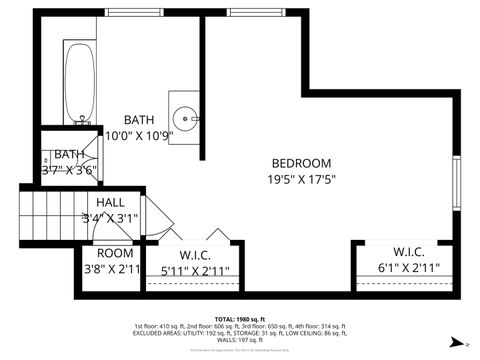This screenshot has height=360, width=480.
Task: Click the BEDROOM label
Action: click(301, 163)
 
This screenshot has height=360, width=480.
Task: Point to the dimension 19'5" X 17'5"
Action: click(301, 181)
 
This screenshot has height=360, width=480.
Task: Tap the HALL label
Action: click(111, 202)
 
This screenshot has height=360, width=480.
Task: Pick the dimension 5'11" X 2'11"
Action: click(195, 270)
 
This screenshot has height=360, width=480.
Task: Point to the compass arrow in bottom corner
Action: click(455, 341)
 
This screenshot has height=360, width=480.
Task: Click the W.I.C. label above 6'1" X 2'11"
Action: click(409, 251)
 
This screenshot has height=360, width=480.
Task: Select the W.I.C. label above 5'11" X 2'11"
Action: click(195, 254)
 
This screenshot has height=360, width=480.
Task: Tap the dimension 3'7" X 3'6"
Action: click(68, 170)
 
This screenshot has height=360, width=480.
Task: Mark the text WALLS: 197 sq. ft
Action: click(239, 340)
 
